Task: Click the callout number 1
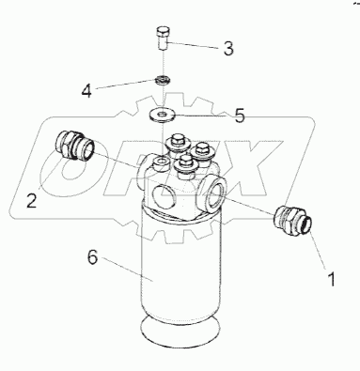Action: (x=331, y=279)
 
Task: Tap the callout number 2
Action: (x=32, y=200)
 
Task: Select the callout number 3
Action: (x=228, y=49)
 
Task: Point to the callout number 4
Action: (x=86, y=91)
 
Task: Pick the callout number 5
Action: (x=240, y=116)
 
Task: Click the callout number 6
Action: (x=92, y=257)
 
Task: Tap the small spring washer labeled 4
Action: (x=163, y=80)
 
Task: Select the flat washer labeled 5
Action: (x=162, y=115)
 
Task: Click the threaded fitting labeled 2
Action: (x=74, y=146)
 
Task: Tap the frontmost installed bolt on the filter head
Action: (x=185, y=165)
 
